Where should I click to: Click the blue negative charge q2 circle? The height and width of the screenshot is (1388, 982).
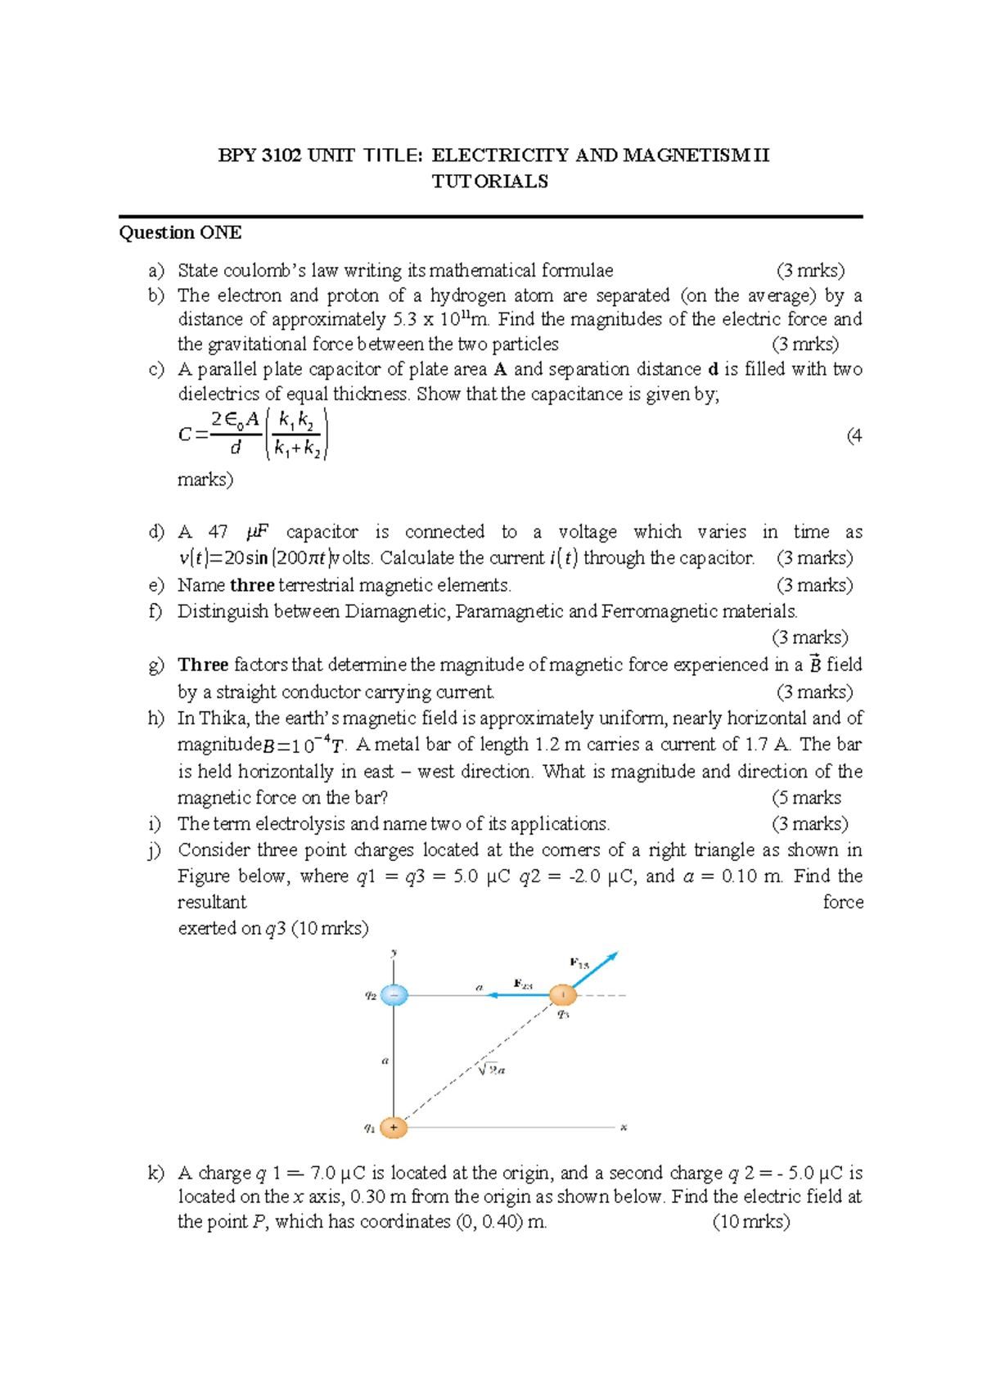coord(394,995)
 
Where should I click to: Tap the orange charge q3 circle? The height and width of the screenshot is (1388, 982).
coord(562,995)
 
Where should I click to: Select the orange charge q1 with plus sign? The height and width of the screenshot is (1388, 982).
coord(394,1127)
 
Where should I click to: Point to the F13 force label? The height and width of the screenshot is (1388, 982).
coord(579,963)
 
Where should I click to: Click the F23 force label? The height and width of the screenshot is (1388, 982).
coord(523,984)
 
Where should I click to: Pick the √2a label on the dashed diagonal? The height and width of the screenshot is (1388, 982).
coord(491,1070)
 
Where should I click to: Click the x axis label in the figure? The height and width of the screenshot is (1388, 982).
coord(624,1128)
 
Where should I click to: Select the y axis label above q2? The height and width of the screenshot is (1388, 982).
coord(394,953)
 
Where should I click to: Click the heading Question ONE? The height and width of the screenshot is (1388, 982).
coord(180,232)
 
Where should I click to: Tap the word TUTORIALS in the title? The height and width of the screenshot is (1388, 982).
coord(490,182)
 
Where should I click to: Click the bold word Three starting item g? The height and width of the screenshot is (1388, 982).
coord(203,665)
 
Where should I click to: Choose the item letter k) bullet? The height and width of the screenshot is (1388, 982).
coord(155,1173)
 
